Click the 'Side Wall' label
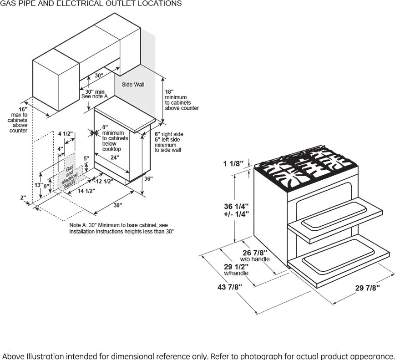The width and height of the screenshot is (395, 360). [133, 85]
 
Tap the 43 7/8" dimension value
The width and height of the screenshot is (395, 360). [230, 287]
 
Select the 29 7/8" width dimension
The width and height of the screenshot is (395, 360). [368, 288]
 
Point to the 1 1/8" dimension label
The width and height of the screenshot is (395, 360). [233, 164]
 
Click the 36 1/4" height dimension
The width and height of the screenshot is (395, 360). [236, 207]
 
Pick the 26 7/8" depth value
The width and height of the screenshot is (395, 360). [255, 253]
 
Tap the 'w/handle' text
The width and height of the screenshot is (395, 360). [236, 273]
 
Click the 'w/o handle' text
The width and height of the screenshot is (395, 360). [255, 259]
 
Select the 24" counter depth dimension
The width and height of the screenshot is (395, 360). [115, 158]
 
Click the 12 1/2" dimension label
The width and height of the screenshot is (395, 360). [105, 182]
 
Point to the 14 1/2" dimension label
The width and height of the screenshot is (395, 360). [86, 191]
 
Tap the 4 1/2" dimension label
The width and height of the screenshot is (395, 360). [66, 133]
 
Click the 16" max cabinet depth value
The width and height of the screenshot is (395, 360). [23, 109]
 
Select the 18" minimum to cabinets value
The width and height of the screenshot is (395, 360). [169, 91]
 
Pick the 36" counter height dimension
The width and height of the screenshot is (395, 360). [149, 178]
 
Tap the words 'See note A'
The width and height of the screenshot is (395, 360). [95, 96]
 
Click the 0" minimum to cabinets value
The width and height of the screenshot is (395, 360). [105, 127]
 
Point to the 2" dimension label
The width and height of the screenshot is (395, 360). [23, 198]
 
